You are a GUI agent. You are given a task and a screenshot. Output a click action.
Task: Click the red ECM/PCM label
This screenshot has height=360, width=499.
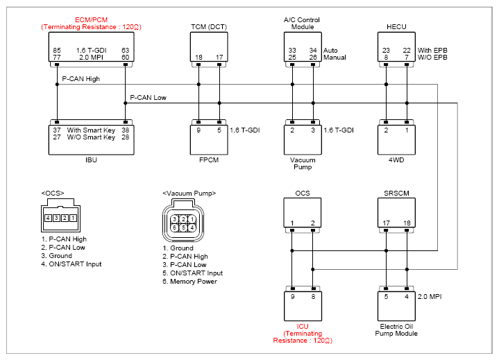pos(92,19)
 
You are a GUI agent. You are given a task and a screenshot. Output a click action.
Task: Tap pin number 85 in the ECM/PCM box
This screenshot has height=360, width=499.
pos(57,50)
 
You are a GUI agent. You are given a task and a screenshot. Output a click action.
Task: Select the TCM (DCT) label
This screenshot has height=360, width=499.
pos(209,27)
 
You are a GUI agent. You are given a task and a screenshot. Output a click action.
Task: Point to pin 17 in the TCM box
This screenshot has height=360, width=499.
pos(219,58)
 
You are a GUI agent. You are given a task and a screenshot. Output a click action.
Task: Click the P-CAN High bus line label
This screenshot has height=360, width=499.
pos(81,79)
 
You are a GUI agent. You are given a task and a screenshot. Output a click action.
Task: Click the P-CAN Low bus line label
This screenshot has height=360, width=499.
pos(148,98)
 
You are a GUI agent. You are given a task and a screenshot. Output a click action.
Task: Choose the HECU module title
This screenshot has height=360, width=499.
pos(396,27)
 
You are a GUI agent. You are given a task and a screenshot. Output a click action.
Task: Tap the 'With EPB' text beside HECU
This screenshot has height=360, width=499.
pos(432,50)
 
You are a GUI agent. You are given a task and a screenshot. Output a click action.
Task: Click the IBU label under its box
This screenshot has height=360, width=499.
pos(91,160)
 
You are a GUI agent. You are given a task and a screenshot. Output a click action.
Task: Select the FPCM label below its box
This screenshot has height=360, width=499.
pos(209,160)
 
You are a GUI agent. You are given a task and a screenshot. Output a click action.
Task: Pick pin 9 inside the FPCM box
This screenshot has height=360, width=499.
pos(198,130)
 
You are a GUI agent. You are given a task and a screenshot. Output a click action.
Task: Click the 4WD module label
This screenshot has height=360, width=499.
pos(396,160)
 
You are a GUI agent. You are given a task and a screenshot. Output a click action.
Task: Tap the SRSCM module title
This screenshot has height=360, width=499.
pos(396,194)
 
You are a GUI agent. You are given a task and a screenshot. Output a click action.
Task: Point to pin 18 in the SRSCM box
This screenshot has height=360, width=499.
pos(407,223)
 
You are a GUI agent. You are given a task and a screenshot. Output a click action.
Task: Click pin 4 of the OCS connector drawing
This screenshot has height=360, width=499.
pos(48,218)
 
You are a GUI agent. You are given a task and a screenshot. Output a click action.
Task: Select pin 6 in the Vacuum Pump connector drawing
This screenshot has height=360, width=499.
pos(174,228)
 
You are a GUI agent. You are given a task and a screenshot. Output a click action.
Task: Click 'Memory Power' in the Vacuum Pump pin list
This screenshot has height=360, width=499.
pos(194,282)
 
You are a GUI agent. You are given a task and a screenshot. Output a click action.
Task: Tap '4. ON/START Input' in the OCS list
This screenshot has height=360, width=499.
pos(71,264)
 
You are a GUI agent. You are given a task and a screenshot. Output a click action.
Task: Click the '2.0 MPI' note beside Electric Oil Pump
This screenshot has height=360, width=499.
pos(430,296)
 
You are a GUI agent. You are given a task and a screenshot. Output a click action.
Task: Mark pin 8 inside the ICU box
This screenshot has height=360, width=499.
pos(313,296)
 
